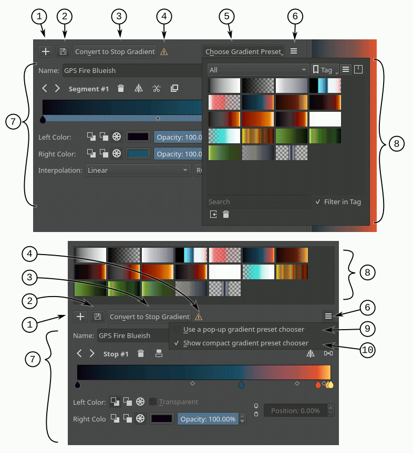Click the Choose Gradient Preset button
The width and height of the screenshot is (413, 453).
click(243, 51)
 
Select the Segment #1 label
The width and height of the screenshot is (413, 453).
click(88, 89)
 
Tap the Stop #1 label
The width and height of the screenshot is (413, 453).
click(116, 354)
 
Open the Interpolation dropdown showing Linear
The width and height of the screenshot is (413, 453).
click(138, 170)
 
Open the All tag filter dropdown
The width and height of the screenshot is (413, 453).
click(257, 70)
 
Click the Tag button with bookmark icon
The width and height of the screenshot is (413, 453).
click(324, 70)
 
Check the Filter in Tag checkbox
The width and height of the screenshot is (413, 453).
click(318, 202)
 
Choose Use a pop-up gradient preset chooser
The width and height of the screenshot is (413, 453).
click(243, 330)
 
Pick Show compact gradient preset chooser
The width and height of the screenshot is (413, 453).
click(245, 343)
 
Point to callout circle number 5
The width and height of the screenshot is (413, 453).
click(226, 16)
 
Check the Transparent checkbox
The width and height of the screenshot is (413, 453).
click(153, 402)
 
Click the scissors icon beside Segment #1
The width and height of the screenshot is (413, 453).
click(156, 89)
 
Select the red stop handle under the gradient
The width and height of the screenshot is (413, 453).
click(317, 385)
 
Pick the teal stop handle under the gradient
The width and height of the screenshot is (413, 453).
click(241, 385)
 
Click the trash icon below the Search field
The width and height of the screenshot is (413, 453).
click(226, 214)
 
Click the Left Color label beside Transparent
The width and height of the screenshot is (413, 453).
click(89, 402)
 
